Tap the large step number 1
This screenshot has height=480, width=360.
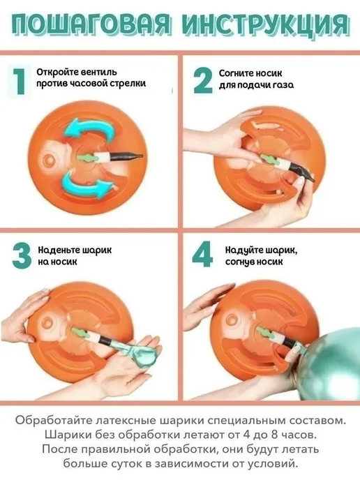point(20,81)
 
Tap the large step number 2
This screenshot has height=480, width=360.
point(202,80)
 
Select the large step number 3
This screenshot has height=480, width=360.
point(22,256)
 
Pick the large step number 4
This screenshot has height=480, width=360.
point(202,254)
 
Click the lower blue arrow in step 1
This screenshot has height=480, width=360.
point(87,183)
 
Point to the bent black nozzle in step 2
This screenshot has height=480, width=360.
point(302,172)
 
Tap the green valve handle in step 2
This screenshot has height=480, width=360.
point(270,160)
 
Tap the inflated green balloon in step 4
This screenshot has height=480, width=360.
point(331,365)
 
